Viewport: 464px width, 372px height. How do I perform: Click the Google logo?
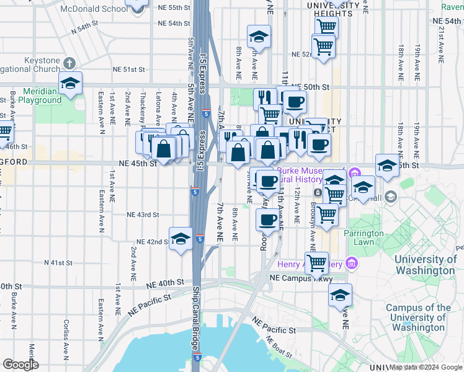pyautogui.click(x=21, y=365)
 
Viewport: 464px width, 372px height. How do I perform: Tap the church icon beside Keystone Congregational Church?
pyautogui.click(x=69, y=63)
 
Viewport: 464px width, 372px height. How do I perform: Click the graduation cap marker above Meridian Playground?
pyautogui.click(x=71, y=84)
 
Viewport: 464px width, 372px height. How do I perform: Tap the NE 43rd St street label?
pyautogui.click(x=143, y=215)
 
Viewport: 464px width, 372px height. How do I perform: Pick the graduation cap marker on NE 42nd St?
pyautogui.click(x=180, y=239)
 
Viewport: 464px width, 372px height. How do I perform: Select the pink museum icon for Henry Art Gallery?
pyautogui.click(x=351, y=264)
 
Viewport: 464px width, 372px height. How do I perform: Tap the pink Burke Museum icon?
pyautogui.click(x=355, y=172)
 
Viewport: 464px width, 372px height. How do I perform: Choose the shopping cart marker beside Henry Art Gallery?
pyautogui.click(x=316, y=262)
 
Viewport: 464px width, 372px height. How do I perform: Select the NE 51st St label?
pyautogui.click(x=128, y=70)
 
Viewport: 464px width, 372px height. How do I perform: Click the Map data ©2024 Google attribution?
pyautogui.click(x=426, y=367)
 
